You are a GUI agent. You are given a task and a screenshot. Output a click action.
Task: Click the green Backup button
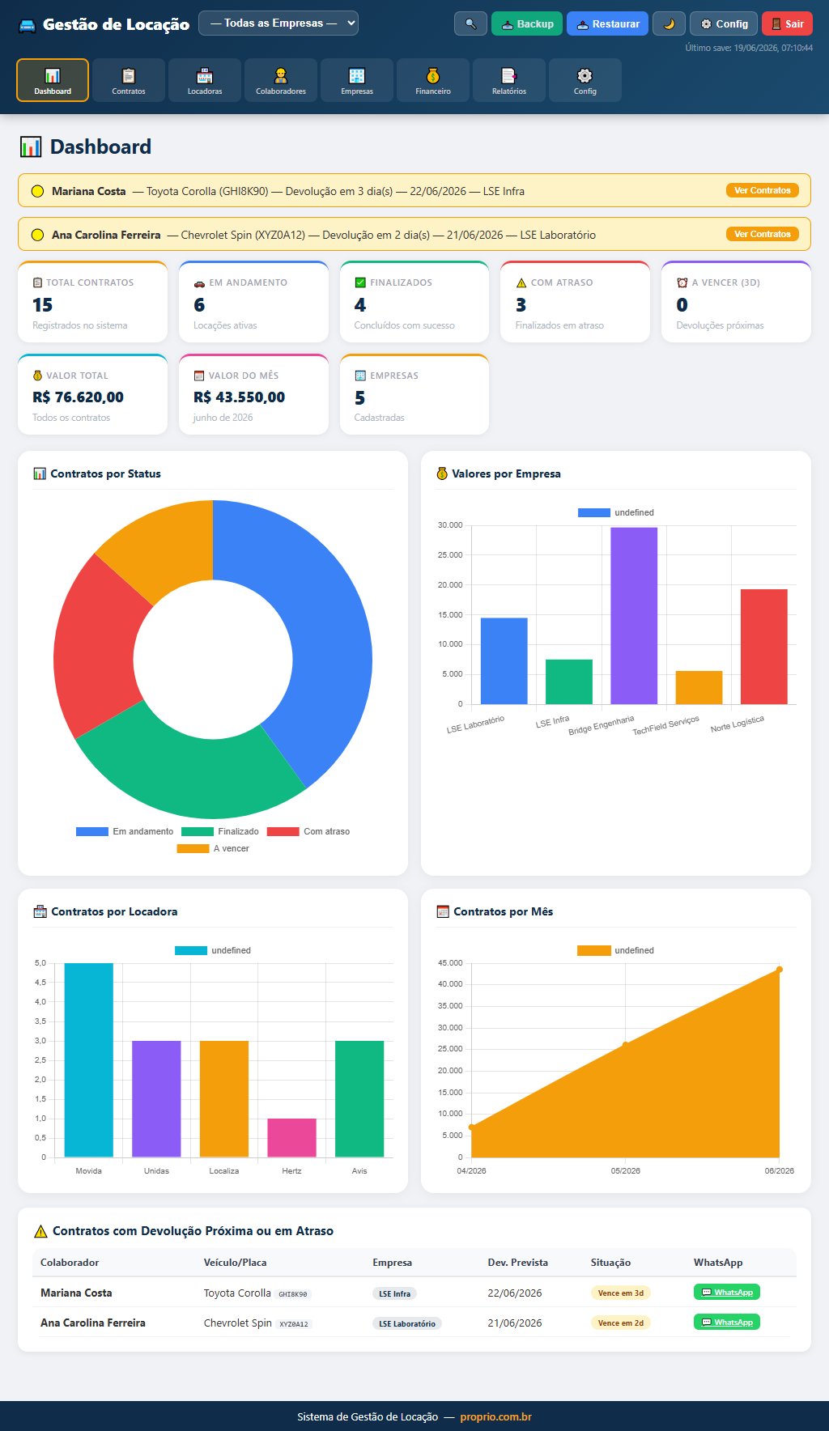(x=527, y=23)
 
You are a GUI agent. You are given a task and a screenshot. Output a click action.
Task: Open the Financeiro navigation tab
(x=433, y=80)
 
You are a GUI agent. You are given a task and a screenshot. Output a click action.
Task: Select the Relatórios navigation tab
(x=509, y=80)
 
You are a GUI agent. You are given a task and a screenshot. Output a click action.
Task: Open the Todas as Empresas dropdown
(x=278, y=23)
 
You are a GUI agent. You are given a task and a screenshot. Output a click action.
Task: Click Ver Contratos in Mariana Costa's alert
(x=763, y=190)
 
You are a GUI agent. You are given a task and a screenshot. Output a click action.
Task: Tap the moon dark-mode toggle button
(x=669, y=23)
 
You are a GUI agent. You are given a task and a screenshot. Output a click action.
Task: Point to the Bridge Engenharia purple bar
(x=634, y=616)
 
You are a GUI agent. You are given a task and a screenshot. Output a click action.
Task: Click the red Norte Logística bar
(x=763, y=647)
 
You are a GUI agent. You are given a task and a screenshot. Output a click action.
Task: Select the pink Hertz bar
(x=292, y=1138)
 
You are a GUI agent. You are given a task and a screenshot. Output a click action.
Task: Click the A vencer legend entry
(x=213, y=848)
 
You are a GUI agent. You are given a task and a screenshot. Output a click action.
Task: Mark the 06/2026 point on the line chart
(x=780, y=970)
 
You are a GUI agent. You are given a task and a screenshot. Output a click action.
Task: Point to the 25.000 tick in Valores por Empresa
(x=450, y=555)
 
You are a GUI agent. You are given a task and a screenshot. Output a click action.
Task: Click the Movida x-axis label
(x=89, y=1170)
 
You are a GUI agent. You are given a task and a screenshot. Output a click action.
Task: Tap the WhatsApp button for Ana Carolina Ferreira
(x=727, y=1322)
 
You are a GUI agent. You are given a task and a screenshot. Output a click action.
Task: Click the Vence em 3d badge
(x=621, y=1293)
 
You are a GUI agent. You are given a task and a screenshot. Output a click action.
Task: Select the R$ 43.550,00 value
(x=239, y=397)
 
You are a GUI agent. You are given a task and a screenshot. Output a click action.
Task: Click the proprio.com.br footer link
(x=495, y=1416)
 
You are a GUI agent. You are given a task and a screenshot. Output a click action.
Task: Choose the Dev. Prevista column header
(x=517, y=1262)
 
